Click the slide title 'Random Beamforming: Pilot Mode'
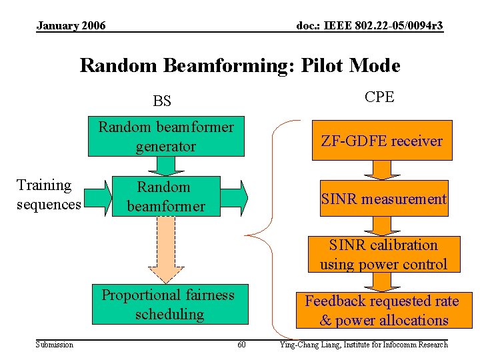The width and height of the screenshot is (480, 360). click(x=240, y=65)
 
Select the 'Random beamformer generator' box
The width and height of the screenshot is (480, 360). click(x=166, y=137)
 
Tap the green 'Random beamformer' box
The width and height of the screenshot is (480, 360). click(x=166, y=197)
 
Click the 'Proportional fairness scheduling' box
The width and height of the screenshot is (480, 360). click(x=168, y=304)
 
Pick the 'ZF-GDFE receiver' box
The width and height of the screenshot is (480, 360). click(x=382, y=141)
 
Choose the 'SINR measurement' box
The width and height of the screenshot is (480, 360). click(x=383, y=199)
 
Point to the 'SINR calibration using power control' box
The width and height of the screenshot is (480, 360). click(x=383, y=255)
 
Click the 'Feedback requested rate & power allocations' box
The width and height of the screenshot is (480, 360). click(x=382, y=311)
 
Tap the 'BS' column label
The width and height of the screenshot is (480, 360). click(x=162, y=101)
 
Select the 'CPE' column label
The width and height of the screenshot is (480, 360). click(x=379, y=97)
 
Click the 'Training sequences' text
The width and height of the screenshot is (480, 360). click(x=48, y=195)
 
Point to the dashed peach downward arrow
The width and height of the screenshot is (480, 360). click(x=166, y=250)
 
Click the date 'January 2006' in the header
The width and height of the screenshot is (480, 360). click(x=71, y=26)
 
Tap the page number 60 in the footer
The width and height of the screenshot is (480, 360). click(x=241, y=345)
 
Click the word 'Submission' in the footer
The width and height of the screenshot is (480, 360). click(x=55, y=345)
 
